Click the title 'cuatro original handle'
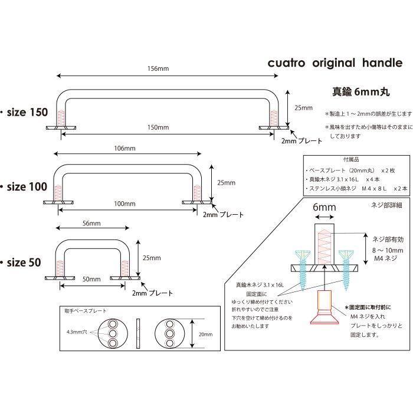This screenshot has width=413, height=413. click(335, 63)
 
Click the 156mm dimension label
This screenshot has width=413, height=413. click(158, 69)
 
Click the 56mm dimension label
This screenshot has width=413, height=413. click(91, 224)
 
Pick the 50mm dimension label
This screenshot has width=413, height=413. click(91, 279)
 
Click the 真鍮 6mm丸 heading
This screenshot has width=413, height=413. click(360, 92)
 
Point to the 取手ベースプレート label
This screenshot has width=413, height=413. click(86, 310)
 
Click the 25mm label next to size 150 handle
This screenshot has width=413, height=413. click(303, 108)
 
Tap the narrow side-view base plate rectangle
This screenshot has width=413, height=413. click(138, 335)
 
